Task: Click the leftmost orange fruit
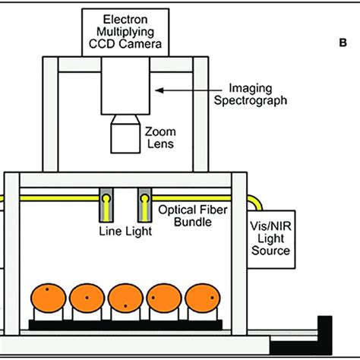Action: [x=48, y=302]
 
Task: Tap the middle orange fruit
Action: [x=125, y=302]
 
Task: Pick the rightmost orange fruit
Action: [x=201, y=302]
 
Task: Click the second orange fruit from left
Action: [x=87, y=302]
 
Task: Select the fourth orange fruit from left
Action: [x=163, y=302]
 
